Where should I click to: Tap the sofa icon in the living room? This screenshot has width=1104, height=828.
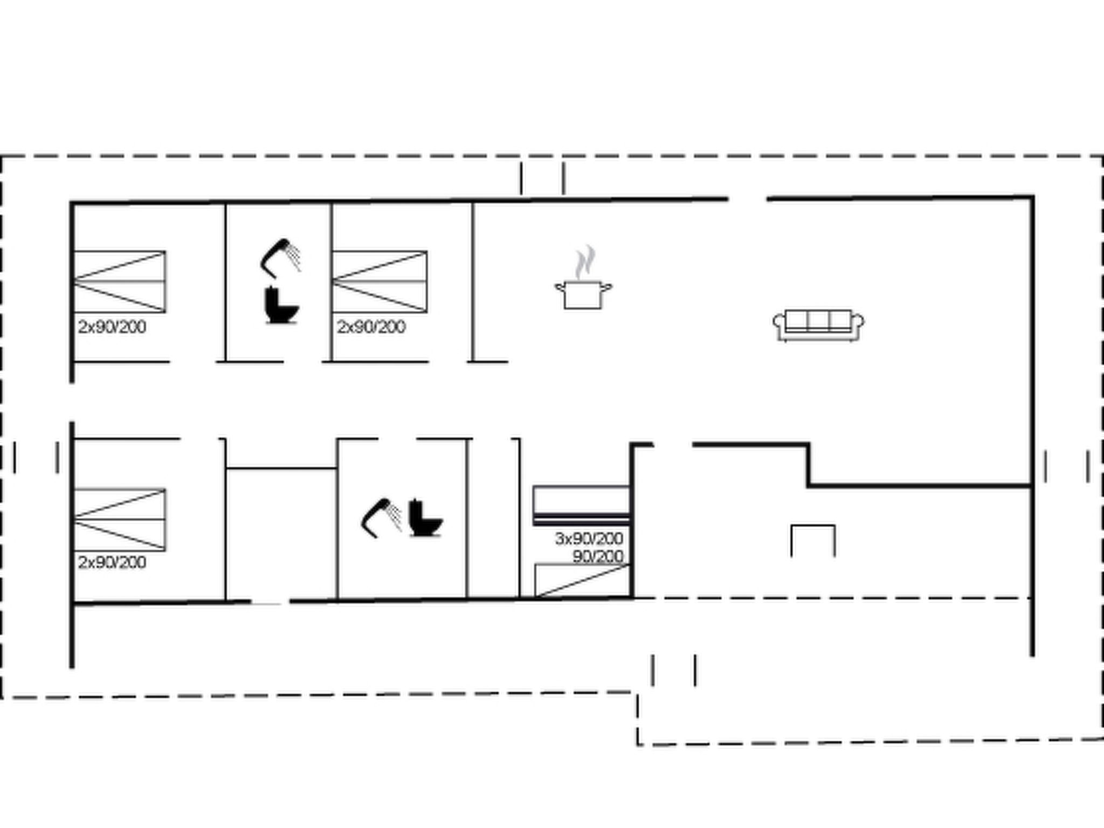tap(818, 325)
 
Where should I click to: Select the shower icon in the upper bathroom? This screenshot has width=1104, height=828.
tap(280, 258)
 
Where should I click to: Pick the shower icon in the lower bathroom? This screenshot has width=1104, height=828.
tap(381, 517)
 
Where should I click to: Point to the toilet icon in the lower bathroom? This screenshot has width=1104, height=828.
tap(425, 519)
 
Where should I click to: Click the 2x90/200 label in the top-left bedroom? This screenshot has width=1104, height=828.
tap(112, 327)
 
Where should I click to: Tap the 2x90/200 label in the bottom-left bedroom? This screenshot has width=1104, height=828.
tap(112, 563)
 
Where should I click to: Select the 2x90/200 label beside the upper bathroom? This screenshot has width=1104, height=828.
tap(371, 327)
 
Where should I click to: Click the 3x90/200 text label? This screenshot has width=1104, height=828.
tap(589, 539)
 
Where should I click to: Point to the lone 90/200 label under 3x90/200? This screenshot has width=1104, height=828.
tap(598, 556)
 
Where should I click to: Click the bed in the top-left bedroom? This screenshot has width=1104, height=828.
tap(119, 281)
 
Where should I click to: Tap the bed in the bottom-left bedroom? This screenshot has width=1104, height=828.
tap(119, 520)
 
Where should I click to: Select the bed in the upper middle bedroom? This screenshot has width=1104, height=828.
tap(379, 281)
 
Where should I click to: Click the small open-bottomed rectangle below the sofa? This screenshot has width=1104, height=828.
tap(813, 526)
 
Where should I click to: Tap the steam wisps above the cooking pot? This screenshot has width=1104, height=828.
tap(584, 263)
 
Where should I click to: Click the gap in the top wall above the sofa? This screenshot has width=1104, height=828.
tap(748, 199)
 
